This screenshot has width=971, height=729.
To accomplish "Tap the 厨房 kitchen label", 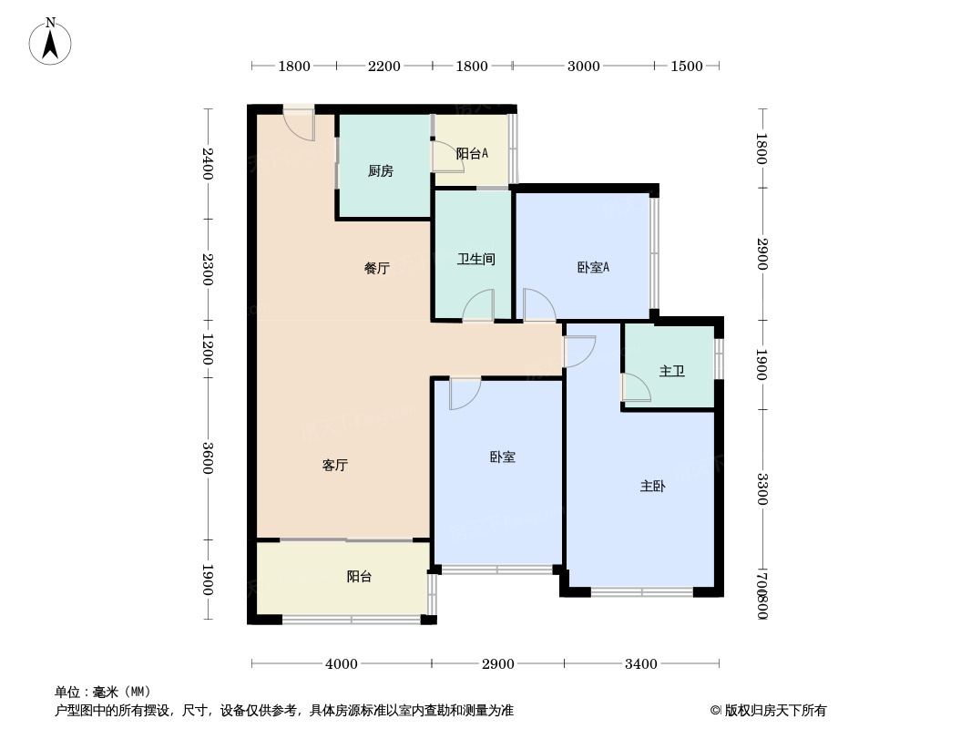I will click(381, 171).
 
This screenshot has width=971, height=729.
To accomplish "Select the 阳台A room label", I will click(472, 154).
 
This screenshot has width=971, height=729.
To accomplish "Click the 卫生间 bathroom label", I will click(475, 259).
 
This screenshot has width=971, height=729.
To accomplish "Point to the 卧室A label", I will click(593, 267).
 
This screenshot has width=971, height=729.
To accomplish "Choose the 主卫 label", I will click(672, 371).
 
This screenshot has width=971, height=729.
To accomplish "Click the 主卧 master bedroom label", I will click(652, 487).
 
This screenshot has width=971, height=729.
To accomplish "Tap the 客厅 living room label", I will click(335, 465).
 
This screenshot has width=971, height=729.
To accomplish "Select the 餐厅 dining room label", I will click(377, 268).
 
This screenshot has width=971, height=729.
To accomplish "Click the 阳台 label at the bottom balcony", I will click(359, 577).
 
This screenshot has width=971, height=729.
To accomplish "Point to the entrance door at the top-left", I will click(299, 125).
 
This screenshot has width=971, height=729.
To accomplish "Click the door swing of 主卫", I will click(637, 387).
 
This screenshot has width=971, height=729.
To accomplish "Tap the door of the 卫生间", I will click(478, 306).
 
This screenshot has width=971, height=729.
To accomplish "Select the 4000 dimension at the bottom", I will click(342, 664).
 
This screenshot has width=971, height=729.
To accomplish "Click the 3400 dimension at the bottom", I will click(641, 664).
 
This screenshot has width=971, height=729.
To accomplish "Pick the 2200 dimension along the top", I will click(383, 66).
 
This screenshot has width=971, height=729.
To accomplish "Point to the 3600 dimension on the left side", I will click(208, 457).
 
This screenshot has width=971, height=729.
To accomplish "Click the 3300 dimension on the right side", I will click(761, 489).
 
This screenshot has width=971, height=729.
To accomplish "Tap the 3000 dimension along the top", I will click(583, 66).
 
